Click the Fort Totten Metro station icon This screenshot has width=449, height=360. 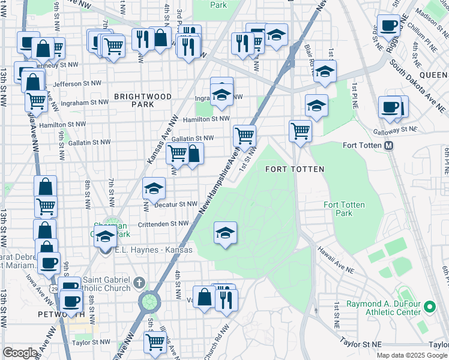pos(388,146)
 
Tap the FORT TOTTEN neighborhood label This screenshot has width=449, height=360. pos(295,169)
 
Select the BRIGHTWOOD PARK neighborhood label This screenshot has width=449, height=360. pos(143,100)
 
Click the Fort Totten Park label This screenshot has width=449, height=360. pos(344,209)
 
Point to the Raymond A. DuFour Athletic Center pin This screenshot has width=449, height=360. pos(429,307)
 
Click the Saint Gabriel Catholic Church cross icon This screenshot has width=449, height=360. pos(139,282)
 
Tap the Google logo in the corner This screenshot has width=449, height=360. pos(20,352)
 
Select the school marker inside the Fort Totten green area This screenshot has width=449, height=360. pos(225,232)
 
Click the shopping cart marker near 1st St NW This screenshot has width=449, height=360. pos(244,135)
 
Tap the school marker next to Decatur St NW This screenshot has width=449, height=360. pos(154,188)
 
